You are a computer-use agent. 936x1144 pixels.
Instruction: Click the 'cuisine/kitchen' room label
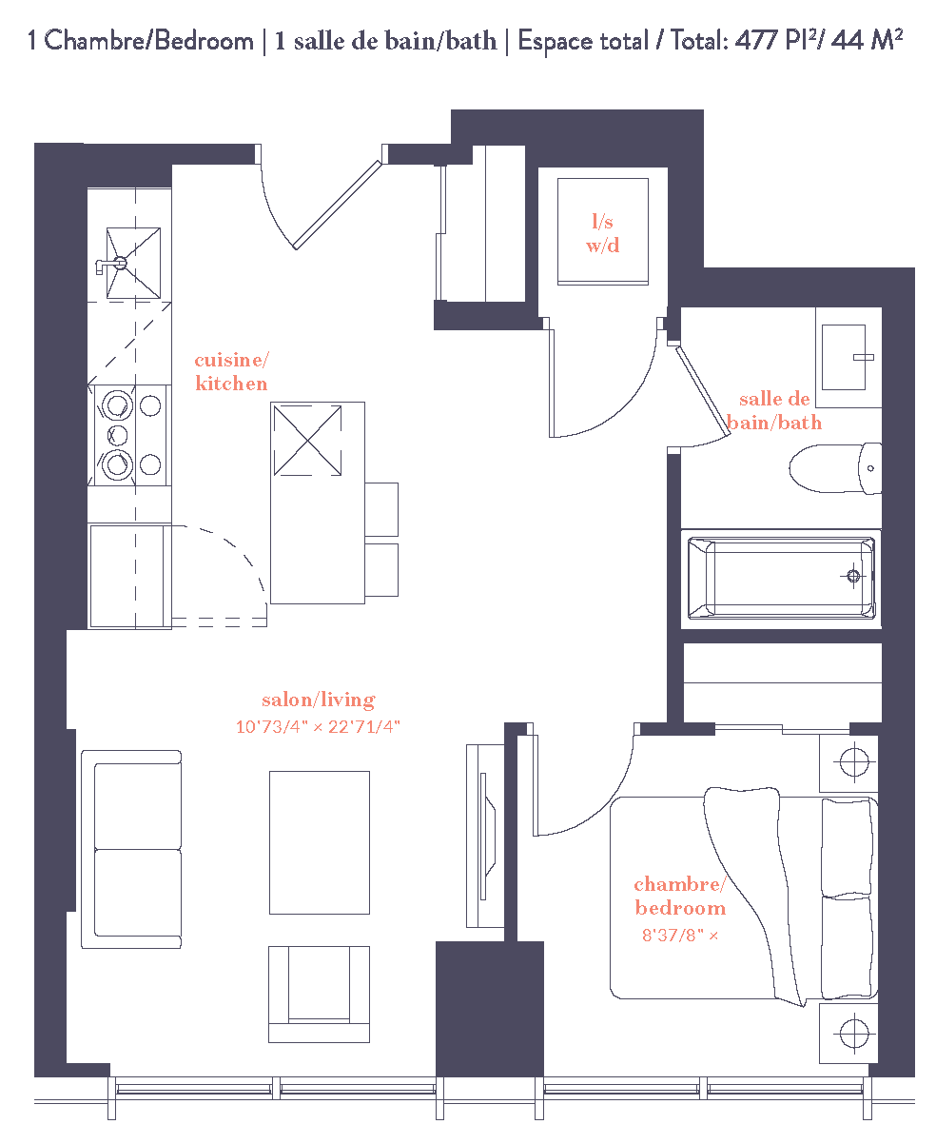(230, 371)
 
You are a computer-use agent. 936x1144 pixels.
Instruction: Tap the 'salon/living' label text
(319, 700)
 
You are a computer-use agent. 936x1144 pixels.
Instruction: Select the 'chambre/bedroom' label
(679, 897)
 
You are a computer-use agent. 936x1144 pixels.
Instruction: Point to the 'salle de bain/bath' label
(774, 411)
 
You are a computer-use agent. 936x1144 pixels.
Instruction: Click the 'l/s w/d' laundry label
(603, 234)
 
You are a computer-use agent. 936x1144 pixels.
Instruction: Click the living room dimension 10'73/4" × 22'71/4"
(319, 727)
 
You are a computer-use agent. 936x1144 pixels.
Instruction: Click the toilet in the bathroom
(834, 468)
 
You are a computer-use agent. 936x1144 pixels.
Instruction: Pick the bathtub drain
(853, 576)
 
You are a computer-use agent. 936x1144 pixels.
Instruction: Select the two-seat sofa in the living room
(131, 849)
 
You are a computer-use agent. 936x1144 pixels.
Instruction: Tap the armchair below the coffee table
(319, 994)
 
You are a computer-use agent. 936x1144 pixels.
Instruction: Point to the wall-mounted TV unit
(485, 835)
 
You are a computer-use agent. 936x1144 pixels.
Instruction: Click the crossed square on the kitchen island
(306, 440)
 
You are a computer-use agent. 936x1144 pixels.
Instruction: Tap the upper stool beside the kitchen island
(381, 509)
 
